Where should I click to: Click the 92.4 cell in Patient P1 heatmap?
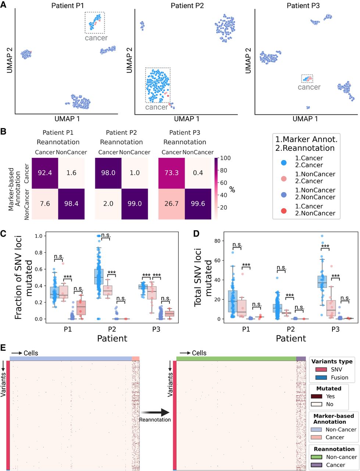tap(45, 172)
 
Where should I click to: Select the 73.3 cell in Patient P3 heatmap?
tap(172, 172)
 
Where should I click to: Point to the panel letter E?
tap(3, 348)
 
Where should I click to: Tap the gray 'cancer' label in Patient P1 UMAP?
tap(96, 38)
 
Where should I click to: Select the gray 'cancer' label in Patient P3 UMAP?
tap(309, 87)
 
